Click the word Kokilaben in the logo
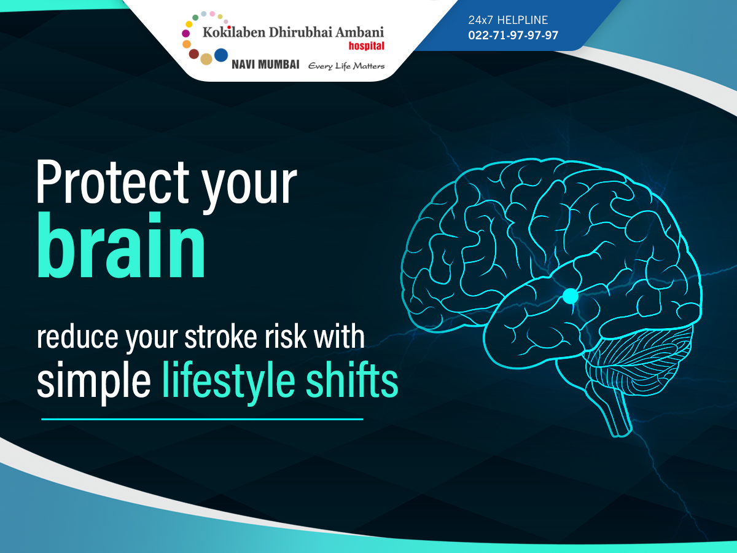tap(234, 32)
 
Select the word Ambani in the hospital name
tap(360, 32)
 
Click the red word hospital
tap(366, 45)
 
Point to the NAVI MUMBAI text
tap(265, 65)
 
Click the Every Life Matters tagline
tap(346, 66)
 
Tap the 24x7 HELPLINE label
tap(508, 20)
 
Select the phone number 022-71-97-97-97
tap(513, 35)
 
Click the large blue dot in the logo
tap(221, 55)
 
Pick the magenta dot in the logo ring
tap(185, 33)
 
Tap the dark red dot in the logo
tap(193, 53)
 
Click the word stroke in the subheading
tap(220, 337)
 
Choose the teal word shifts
tap(351, 379)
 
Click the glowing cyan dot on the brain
tap(570, 296)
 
